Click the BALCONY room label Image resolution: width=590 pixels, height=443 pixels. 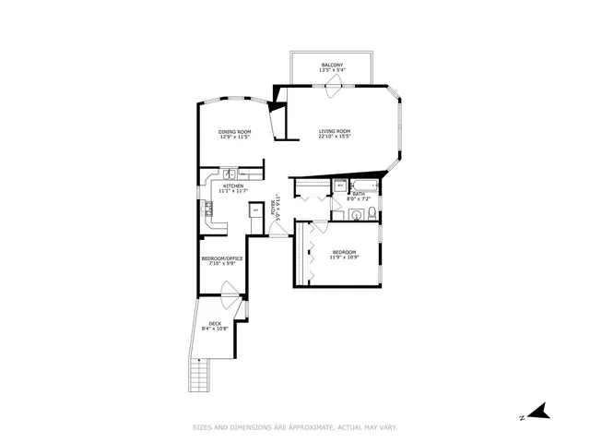pos(333,65)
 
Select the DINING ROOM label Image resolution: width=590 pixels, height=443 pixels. pos(234,131)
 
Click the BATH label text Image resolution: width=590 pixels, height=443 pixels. pos(358,194)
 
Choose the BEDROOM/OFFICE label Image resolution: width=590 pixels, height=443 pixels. pos(222,258)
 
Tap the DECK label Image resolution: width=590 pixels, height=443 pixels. pos(214,323)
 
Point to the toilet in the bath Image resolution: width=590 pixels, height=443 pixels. pos(368,214)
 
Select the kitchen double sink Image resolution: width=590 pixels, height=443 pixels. pos(228,174)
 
